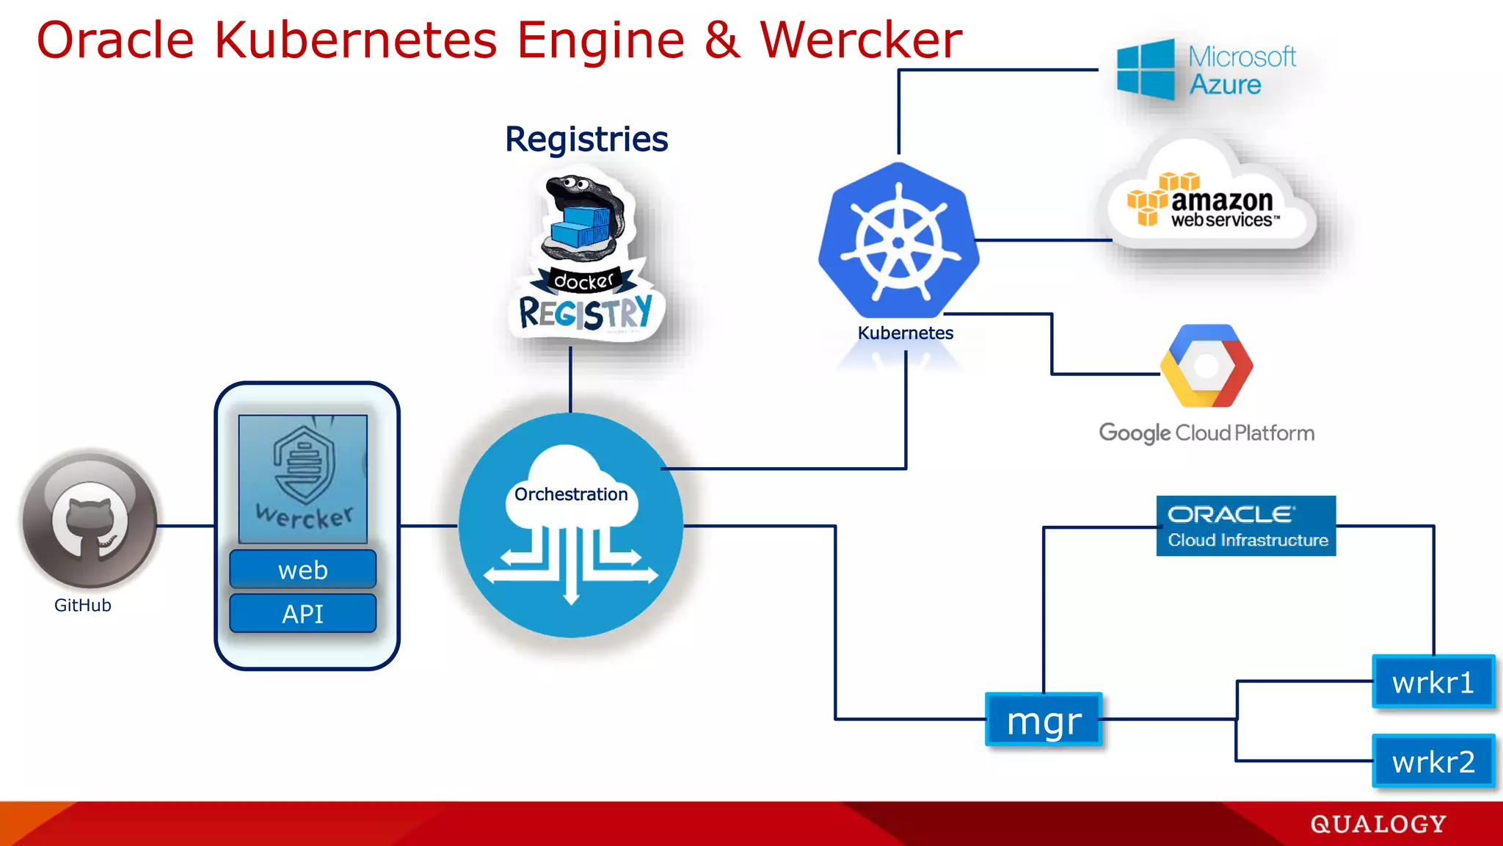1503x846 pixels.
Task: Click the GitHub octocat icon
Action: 90,521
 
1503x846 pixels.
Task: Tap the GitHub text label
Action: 83,606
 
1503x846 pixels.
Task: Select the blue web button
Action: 302,570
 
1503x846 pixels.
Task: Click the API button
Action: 302,613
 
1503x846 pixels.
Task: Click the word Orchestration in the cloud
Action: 571,494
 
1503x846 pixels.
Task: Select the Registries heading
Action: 586,140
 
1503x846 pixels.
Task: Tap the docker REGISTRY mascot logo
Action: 586,257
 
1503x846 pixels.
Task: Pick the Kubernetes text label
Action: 905,333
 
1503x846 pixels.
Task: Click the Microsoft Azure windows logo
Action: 1146,70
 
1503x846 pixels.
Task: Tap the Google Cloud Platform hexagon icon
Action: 1207,366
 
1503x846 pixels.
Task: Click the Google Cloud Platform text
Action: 1207,433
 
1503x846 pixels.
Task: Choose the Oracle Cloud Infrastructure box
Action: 1246,526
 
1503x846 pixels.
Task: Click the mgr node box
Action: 1044,720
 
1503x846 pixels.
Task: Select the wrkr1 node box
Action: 1433,682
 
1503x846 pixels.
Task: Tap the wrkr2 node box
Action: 1433,762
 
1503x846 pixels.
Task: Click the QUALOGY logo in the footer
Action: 1378,824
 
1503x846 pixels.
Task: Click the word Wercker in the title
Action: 860,40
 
